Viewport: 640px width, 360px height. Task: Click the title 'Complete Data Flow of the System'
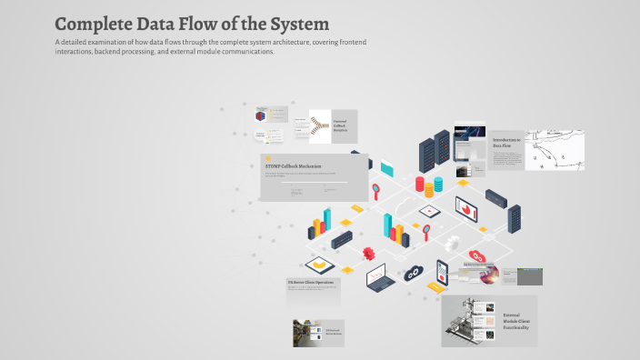coord(192,24)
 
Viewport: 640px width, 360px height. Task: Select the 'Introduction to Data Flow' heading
coord(506,142)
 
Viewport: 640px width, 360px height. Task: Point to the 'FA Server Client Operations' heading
coord(311,283)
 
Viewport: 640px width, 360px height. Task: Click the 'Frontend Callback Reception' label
coord(340,125)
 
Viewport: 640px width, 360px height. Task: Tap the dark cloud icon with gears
coord(414,272)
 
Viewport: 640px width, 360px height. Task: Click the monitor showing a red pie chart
coord(468,210)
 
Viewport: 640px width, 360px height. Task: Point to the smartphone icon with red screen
coord(443,271)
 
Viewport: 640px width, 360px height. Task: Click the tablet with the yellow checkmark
coord(319,265)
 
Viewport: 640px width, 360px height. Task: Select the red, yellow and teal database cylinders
coord(429,185)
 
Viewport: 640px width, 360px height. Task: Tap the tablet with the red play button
coord(429,212)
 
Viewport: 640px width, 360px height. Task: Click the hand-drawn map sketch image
coord(554,149)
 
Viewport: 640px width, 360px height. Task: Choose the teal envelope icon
coord(389,167)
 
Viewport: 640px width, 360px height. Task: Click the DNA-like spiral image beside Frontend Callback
coord(318,126)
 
